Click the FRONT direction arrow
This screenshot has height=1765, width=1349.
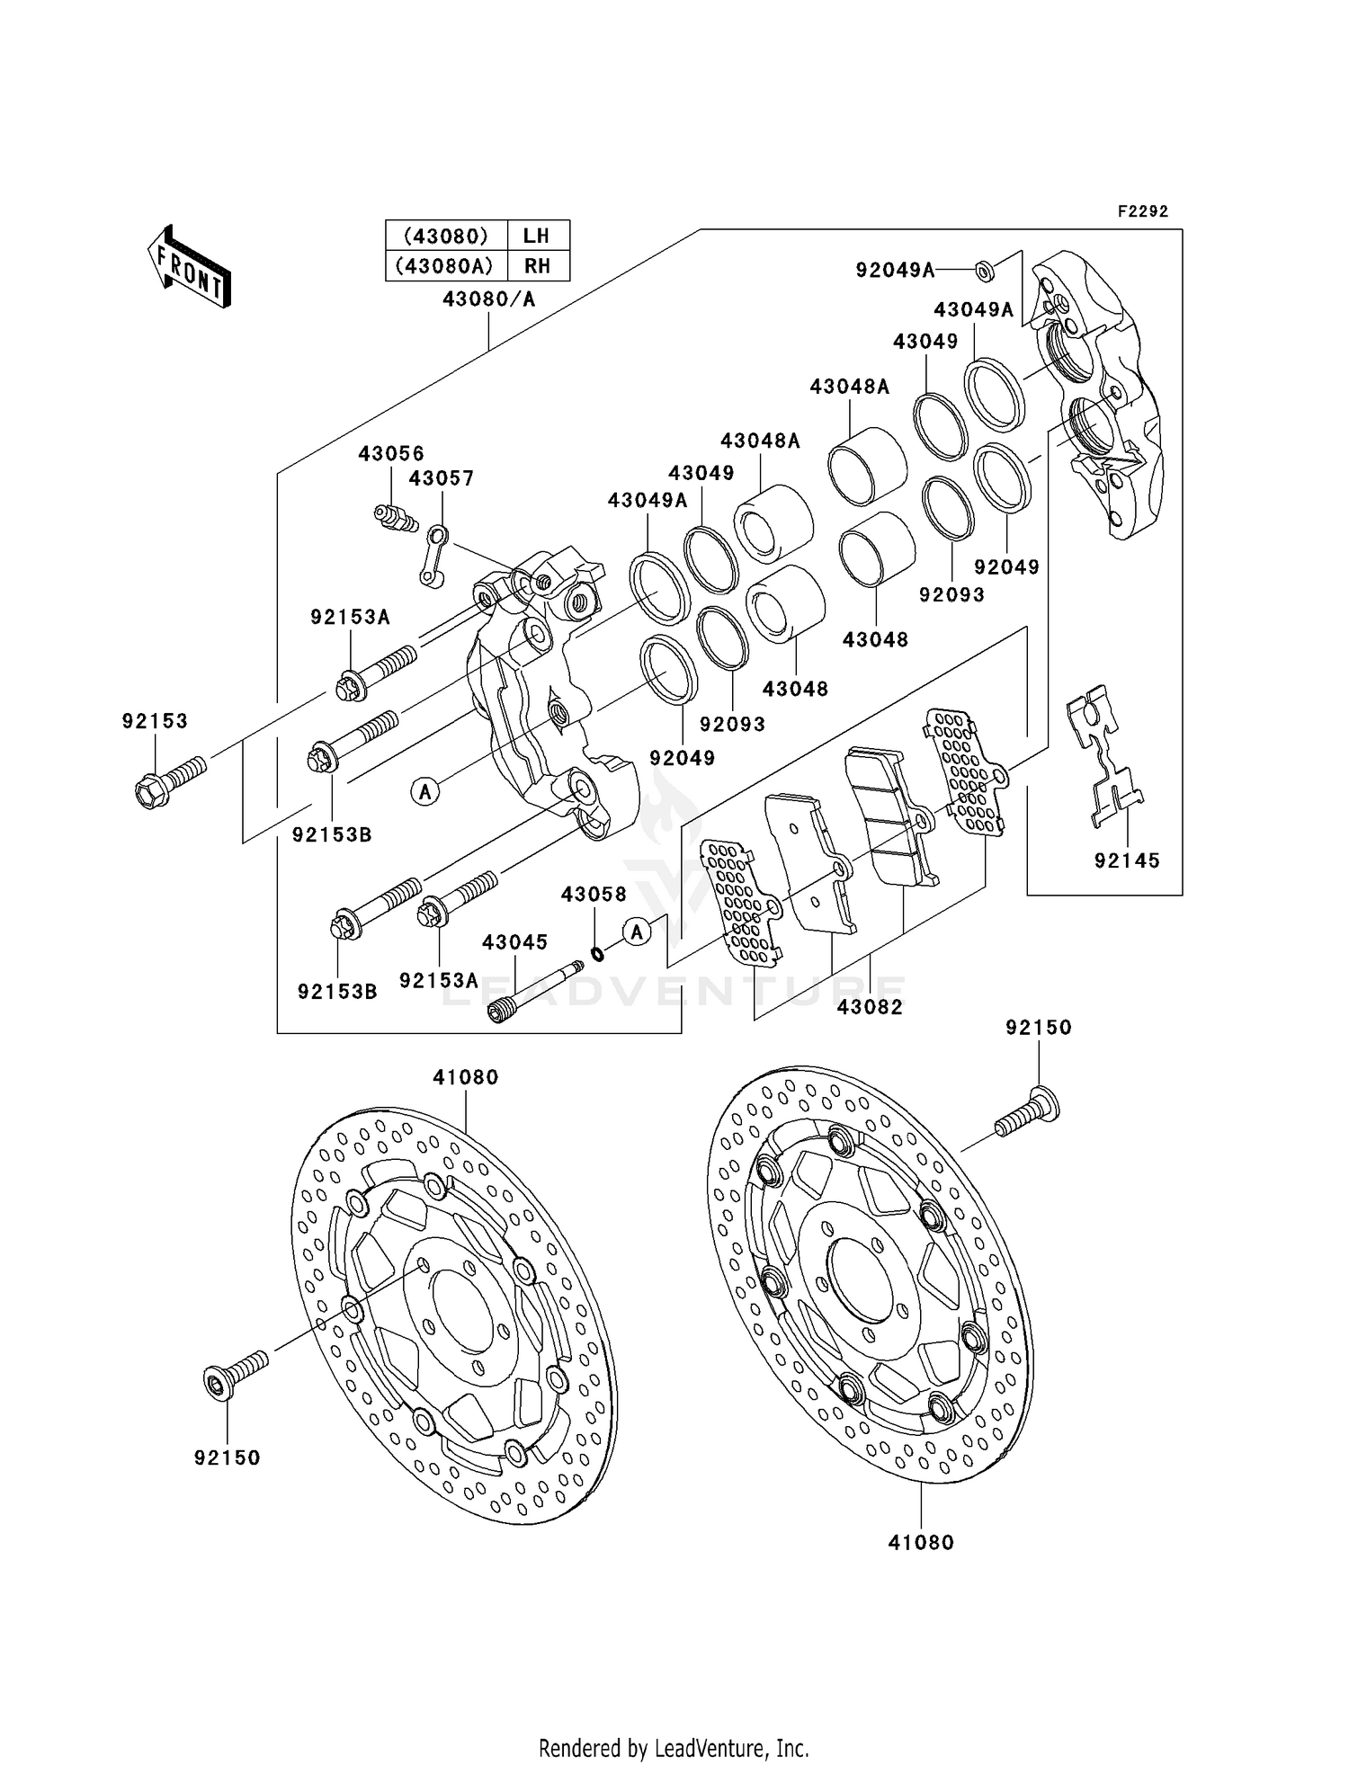(x=189, y=268)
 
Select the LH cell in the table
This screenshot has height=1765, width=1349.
(x=536, y=236)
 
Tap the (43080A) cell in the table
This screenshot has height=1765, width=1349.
(x=447, y=266)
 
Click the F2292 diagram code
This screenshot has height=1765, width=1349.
(x=1142, y=212)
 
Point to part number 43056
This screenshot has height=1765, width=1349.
(x=390, y=454)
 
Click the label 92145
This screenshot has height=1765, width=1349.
(x=1127, y=860)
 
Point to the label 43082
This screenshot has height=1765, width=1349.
(x=869, y=1007)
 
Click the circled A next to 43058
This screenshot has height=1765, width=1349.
(x=637, y=932)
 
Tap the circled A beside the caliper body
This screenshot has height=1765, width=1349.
(x=425, y=791)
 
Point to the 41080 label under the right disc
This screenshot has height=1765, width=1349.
(x=920, y=1543)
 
